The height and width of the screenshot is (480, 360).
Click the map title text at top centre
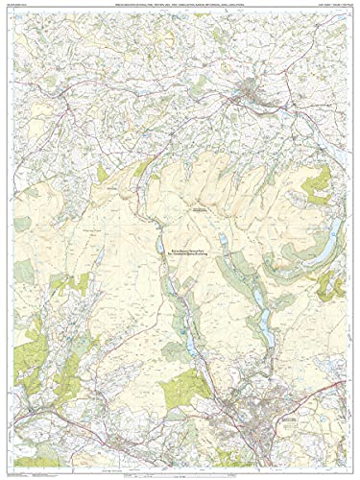(180, 7)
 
